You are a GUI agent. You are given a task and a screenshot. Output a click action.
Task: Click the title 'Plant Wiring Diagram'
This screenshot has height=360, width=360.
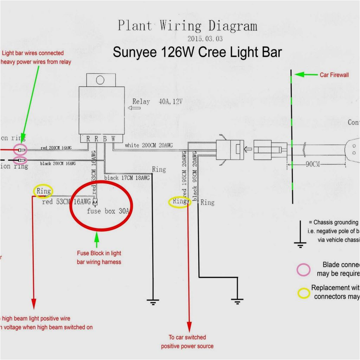click(187, 26)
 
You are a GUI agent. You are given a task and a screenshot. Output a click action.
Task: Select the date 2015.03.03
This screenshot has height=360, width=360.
click(205, 39)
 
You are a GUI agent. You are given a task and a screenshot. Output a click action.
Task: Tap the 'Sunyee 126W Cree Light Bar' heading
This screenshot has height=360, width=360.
click(197, 52)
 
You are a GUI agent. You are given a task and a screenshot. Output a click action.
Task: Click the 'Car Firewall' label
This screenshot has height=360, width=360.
click(334, 75)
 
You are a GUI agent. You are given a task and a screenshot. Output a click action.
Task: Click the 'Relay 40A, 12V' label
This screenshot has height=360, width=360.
click(157, 102)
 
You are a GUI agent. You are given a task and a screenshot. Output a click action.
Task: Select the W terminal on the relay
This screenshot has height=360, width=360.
click(113, 139)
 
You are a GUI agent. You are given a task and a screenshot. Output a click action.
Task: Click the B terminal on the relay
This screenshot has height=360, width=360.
click(105, 139)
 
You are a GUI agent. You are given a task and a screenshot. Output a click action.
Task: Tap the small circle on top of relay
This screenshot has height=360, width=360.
click(100, 80)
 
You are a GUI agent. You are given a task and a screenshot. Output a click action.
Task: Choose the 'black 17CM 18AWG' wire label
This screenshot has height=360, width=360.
click(127, 178)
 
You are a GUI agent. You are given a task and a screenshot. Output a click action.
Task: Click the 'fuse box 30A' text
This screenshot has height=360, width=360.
click(108, 211)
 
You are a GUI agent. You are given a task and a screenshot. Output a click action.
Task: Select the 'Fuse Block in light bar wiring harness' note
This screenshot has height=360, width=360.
click(99, 257)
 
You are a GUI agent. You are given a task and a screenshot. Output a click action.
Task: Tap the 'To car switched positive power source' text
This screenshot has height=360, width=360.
click(187, 342)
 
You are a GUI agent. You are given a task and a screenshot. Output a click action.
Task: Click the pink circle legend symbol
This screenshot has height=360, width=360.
click(303, 270)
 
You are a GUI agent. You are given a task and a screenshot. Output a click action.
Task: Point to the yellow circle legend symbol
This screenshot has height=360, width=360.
click(303, 293)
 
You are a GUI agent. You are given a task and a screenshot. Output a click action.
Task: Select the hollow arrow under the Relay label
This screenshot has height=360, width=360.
click(134, 108)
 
